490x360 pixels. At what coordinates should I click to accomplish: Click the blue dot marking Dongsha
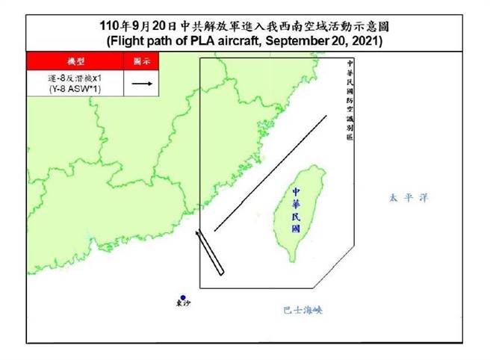click(182, 296)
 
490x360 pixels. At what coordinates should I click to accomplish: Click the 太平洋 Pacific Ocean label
click(409, 198)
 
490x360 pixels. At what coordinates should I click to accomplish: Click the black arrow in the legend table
click(142, 84)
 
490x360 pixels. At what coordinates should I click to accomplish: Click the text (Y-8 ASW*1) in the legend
click(76, 90)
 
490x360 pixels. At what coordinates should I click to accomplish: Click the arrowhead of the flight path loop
click(197, 234)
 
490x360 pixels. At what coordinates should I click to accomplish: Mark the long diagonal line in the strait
click(270, 173)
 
